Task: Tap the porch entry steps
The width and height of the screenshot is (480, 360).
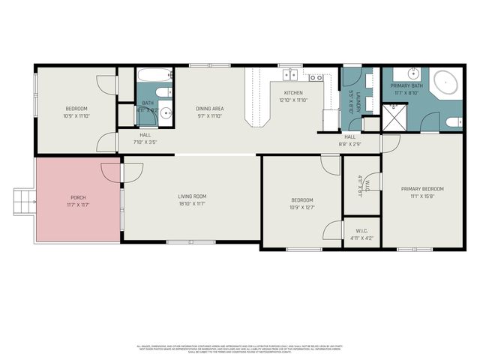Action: [x=23, y=200]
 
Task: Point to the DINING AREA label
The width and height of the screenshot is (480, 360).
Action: [x=211, y=109]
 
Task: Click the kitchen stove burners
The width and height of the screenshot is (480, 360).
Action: [x=316, y=76]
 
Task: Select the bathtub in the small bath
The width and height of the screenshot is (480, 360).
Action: [x=154, y=76]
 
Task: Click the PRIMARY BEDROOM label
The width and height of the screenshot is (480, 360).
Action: [x=422, y=189]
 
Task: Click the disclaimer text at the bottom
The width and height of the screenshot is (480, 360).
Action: [x=240, y=348]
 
